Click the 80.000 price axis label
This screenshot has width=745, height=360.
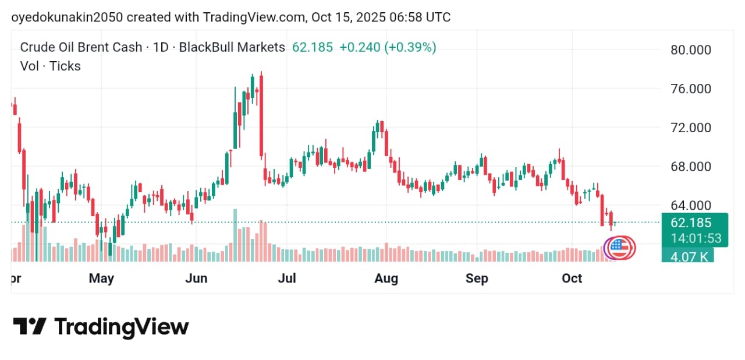(x=691, y=50)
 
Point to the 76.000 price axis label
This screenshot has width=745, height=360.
(x=691, y=89)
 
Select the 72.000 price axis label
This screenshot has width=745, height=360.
(x=691, y=128)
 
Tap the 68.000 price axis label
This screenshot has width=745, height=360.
(x=691, y=167)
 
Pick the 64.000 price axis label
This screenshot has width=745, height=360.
(x=691, y=205)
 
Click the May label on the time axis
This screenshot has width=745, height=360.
(x=101, y=278)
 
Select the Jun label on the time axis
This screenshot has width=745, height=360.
(x=196, y=278)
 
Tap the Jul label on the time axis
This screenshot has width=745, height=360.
(x=287, y=278)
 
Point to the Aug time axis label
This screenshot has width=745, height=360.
(x=386, y=278)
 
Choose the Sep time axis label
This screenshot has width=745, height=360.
(x=477, y=278)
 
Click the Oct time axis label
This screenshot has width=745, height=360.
(x=572, y=278)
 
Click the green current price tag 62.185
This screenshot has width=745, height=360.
(x=691, y=223)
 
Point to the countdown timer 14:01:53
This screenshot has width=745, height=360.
(x=696, y=238)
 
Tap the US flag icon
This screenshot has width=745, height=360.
(x=621, y=248)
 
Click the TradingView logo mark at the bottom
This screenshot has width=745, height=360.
(x=29, y=326)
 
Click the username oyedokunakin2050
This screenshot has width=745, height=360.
(x=67, y=17)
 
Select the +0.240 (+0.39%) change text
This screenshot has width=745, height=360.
(x=388, y=48)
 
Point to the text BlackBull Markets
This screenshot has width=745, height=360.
(x=232, y=48)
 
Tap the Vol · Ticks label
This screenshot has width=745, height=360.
(x=51, y=66)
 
